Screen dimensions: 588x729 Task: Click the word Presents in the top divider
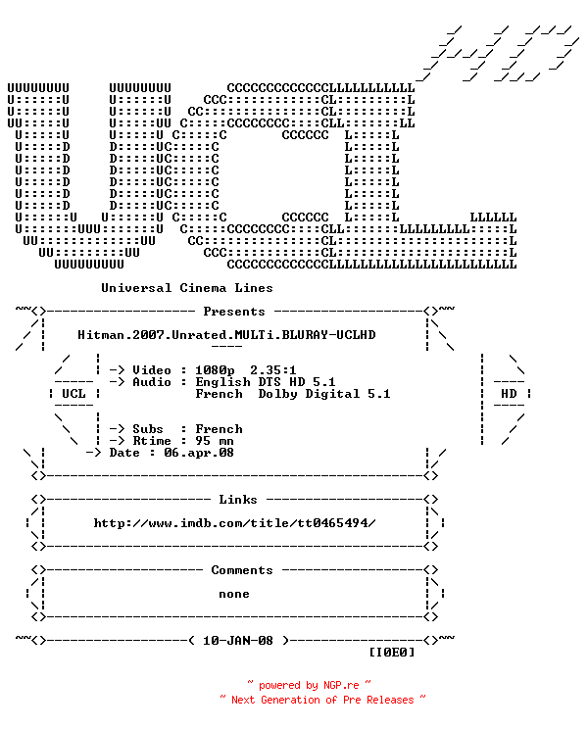[x=234, y=312]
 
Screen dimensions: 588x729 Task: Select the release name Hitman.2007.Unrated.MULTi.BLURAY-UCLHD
[x=226, y=335]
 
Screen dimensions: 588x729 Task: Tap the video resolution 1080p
[x=215, y=370]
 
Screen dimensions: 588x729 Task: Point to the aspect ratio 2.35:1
[x=273, y=370]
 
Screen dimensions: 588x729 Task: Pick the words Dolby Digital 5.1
[x=324, y=394]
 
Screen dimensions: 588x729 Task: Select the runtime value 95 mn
[x=215, y=441]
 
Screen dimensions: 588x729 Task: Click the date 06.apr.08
[x=199, y=453]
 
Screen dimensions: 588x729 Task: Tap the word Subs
[x=148, y=429]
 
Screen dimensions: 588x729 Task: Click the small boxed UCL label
[x=73, y=394]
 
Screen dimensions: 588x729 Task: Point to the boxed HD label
[x=509, y=394]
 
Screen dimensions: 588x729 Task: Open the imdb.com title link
[x=234, y=523]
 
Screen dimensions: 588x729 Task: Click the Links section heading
[x=238, y=500]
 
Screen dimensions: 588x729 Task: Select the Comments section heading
[x=242, y=570]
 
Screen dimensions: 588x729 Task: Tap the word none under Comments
[x=234, y=594]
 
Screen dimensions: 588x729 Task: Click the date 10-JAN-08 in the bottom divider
[x=238, y=641]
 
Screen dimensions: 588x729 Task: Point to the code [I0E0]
[x=391, y=653]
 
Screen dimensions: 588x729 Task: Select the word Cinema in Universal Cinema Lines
[x=203, y=288]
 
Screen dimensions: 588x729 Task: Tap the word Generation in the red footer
[x=290, y=701]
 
